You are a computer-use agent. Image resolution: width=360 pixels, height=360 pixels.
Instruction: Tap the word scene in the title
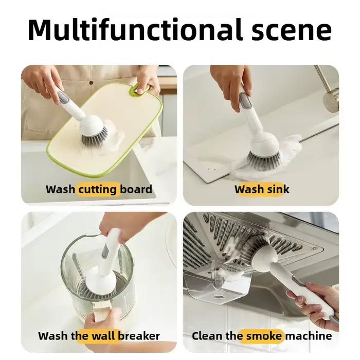click(x=292, y=31)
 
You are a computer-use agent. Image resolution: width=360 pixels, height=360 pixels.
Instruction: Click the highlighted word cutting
click(x=98, y=190)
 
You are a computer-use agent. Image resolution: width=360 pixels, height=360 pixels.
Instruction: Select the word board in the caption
click(x=136, y=189)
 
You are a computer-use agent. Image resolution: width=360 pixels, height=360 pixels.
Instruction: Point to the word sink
click(x=278, y=189)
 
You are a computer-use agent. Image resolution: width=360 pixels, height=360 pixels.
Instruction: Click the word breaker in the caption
click(x=139, y=336)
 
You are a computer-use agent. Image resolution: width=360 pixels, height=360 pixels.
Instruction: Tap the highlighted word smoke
click(x=264, y=336)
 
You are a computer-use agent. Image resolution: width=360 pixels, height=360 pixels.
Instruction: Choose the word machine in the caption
click(x=309, y=336)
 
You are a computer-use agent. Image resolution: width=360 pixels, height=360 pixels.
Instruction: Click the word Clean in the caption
click(x=207, y=336)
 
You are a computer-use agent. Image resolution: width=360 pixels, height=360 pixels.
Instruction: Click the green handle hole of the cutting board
click(x=140, y=88)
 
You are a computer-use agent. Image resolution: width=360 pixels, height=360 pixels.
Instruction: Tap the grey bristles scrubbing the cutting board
click(x=94, y=137)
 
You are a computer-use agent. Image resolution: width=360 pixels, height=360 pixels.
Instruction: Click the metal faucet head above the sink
click(x=331, y=99)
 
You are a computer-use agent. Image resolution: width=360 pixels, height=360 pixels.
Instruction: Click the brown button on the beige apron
click(x=91, y=83)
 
